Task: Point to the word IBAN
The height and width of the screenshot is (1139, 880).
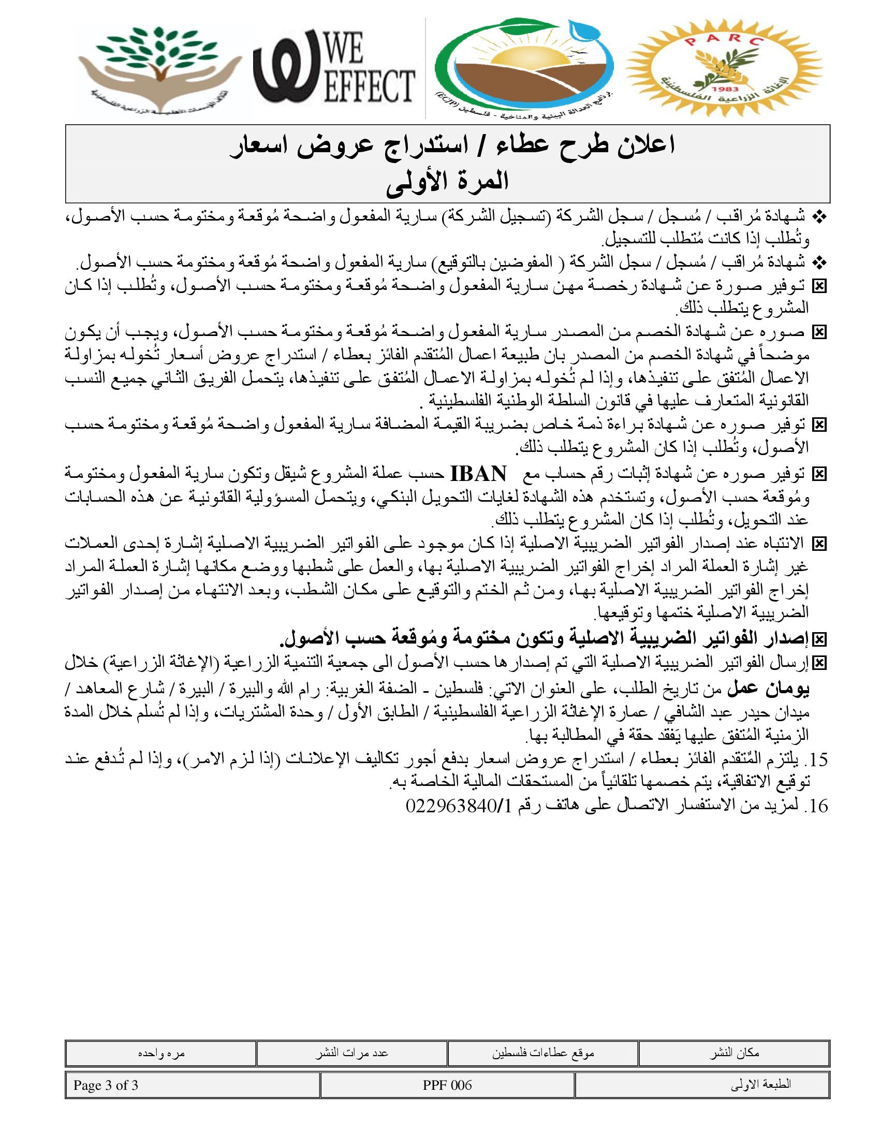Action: click(x=478, y=474)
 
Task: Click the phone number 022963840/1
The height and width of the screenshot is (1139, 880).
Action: click(x=458, y=806)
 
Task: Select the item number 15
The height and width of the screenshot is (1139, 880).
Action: click(x=816, y=760)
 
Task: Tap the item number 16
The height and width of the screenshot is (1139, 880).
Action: click(x=816, y=806)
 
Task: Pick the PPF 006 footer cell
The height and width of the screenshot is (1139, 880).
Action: click(x=447, y=1085)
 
